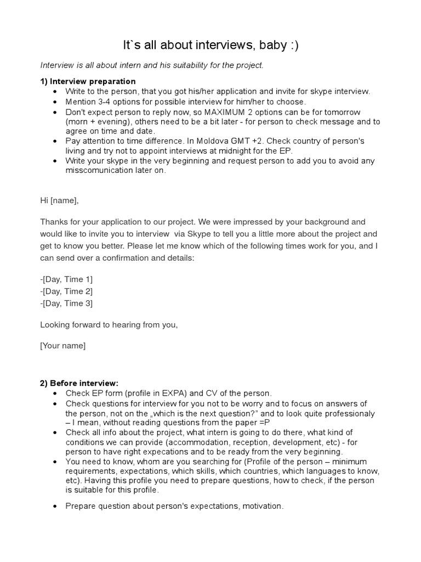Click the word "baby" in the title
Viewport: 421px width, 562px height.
pyautogui.click(x=266, y=46)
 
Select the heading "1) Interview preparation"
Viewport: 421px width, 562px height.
pyautogui.click(x=88, y=81)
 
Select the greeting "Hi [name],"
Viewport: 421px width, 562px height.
pyautogui.click(x=59, y=200)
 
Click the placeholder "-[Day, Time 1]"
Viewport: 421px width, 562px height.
pyautogui.click(x=66, y=279)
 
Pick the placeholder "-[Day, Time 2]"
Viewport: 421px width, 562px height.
pyautogui.click(x=66, y=291)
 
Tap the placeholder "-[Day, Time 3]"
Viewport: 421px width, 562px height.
pyautogui.click(x=66, y=304)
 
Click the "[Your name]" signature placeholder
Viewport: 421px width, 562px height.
pyautogui.click(x=62, y=345)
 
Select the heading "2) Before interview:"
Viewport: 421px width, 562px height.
pyautogui.click(x=79, y=383)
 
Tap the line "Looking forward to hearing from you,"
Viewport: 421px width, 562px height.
pyautogui.click(x=109, y=324)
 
